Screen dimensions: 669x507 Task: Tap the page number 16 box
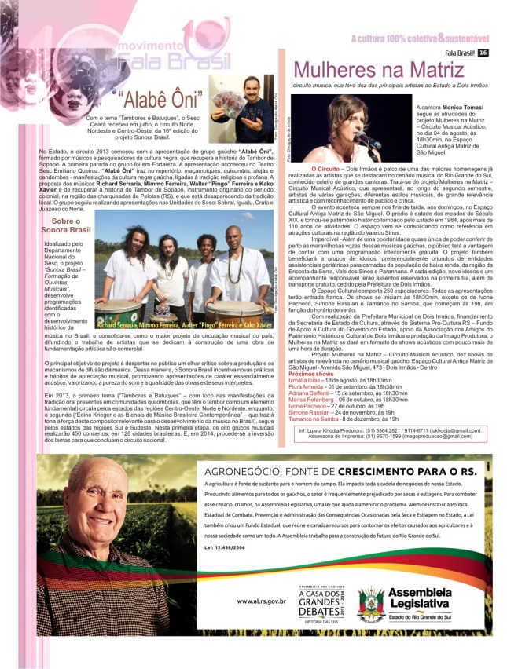tap(483, 53)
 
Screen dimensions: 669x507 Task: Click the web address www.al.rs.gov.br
tap(262, 601)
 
